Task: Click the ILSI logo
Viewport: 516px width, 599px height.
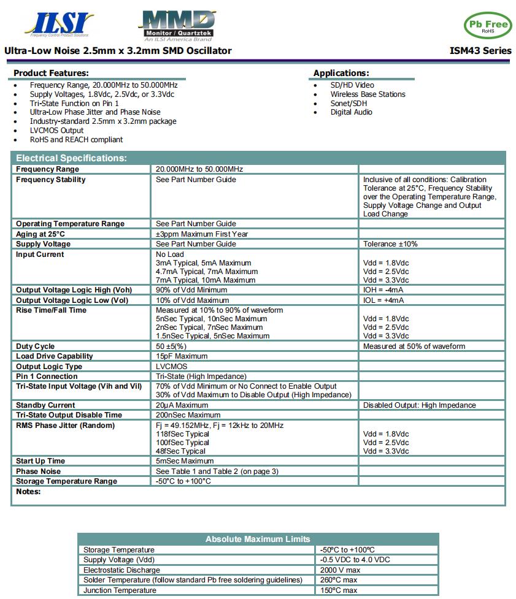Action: [x=60, y=24]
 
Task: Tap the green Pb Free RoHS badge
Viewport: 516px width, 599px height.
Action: [x=487, y=25]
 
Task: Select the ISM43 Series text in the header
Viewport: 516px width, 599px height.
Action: [x=480, y=51]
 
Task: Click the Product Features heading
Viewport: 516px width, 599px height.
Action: [x=51, y=73]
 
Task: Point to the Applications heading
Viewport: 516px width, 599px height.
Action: [x=341, y=73]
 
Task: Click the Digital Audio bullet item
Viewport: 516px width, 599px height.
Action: [x=351, y=112]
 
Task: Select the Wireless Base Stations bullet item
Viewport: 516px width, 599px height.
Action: [x=368, y=94]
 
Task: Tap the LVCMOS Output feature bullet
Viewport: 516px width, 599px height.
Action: [x=56, y=131]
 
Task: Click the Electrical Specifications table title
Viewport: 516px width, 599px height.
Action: [x=71, y=158]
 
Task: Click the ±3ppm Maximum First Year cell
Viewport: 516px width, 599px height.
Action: [x=202, y=234]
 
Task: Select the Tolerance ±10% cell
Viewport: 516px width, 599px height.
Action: [x=390, y=244]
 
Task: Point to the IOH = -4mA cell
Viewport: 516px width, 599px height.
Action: [x=383, y=290]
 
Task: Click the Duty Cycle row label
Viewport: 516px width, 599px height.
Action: [x=35, y=346]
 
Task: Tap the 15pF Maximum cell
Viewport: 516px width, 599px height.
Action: [x=182, y=356]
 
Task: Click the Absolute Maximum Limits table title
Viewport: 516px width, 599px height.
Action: [x=258, y=539]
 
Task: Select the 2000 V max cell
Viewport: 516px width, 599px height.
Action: [x=340, y=570]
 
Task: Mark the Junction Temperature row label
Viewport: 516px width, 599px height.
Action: [x=120, y=590]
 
